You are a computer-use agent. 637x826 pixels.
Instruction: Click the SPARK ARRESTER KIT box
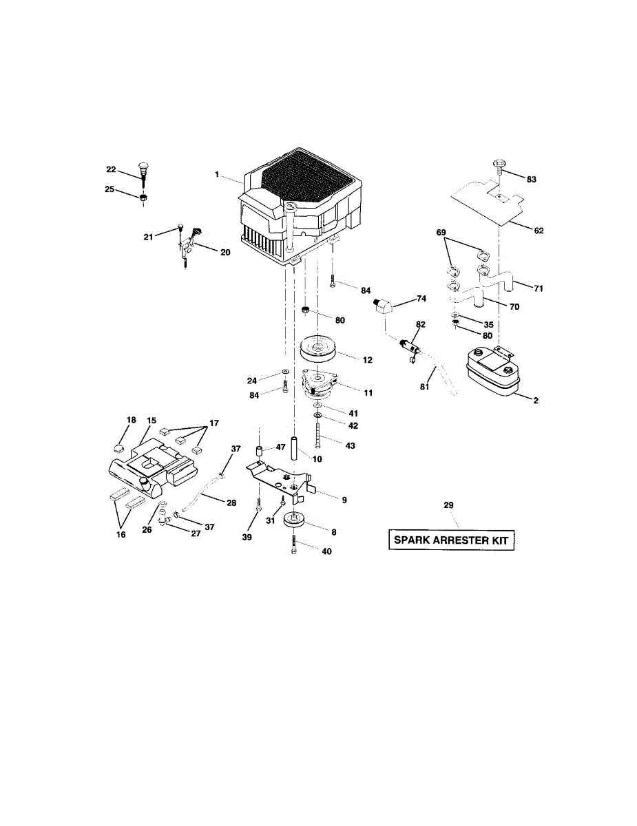(450, 540)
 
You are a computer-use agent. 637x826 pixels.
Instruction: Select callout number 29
(448, 505)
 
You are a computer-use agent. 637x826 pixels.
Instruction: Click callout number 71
(538, 288)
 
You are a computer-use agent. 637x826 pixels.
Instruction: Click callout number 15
(152, 420)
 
